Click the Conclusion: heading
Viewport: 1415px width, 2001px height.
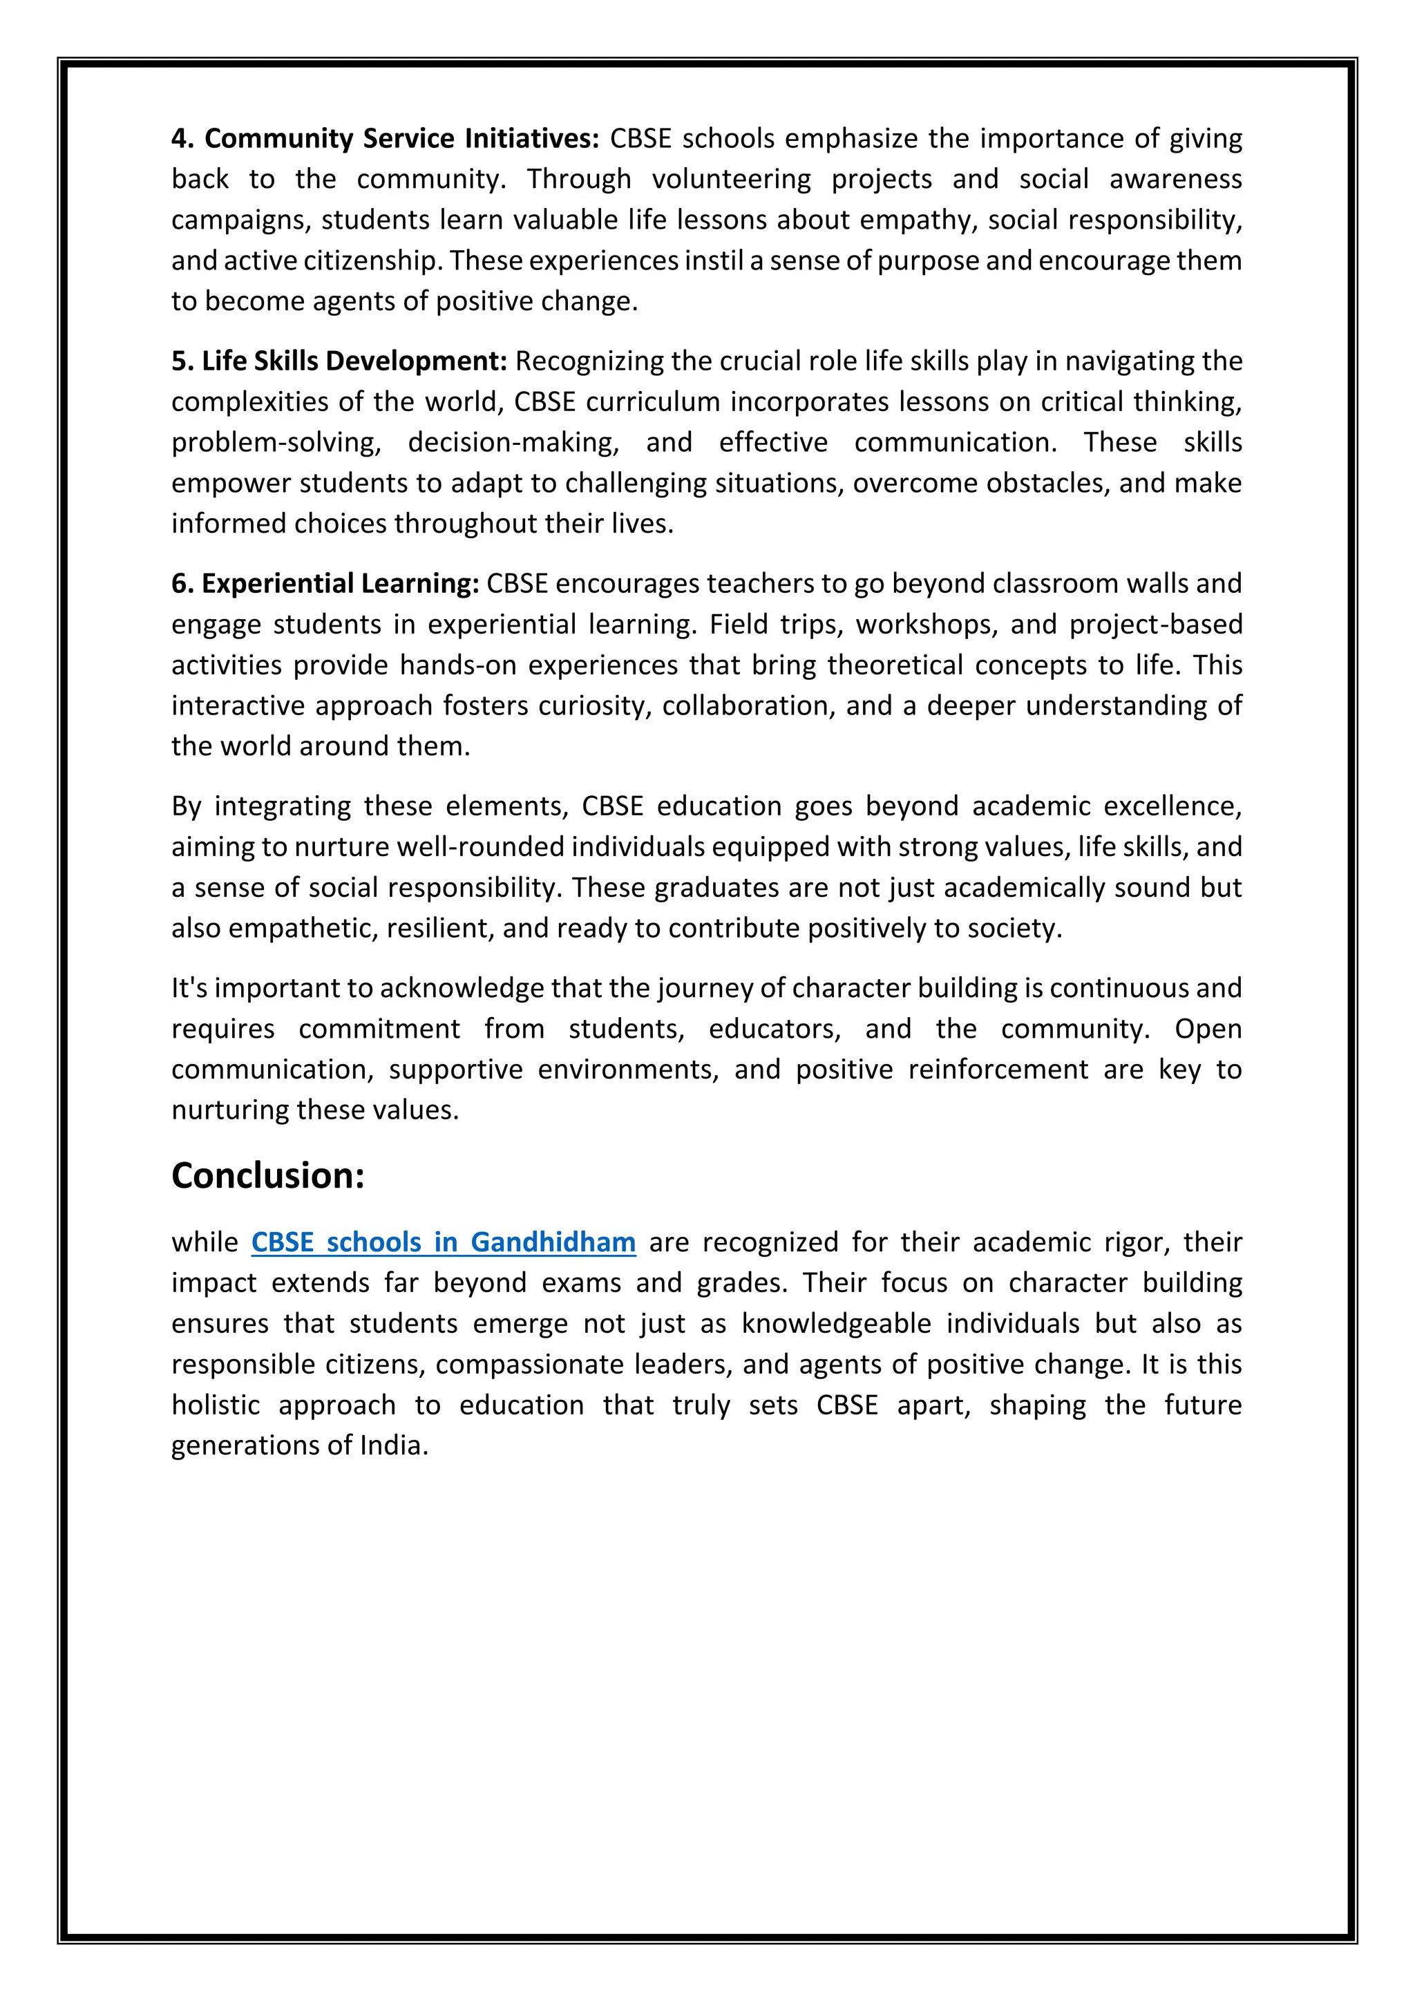pyautogui.click(x=267, y=1176)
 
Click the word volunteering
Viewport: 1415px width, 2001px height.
pyautogui.click(x=731, y=180)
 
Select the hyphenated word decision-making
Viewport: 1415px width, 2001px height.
pyautogui.click(x=513, y=443)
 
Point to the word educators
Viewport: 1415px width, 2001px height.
pyautogui.click(x=775, y=1030)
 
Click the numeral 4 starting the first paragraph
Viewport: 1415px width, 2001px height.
pyautogui.click(x=179, y=139)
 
